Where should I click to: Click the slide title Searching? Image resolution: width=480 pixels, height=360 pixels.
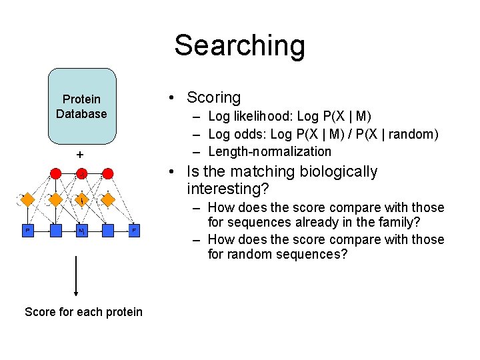(239, 46)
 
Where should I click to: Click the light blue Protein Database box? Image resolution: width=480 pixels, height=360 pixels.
(82, 107)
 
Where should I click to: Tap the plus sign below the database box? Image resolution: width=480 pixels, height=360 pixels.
(80, 155)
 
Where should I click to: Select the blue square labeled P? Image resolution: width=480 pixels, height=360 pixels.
(27, 231)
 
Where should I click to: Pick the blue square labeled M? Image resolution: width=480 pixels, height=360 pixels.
(81, 231)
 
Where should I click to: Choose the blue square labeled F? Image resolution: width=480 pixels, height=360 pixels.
(134, 231)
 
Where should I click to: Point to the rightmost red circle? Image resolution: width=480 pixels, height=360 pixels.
(107, 173)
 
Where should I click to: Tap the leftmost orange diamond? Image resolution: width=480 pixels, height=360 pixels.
(28, 199)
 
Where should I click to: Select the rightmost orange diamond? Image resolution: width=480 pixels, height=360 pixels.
(108, 199)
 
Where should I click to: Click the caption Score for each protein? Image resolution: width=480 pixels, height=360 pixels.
(83, 312)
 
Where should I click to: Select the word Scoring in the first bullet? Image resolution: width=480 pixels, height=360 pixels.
(213, 97)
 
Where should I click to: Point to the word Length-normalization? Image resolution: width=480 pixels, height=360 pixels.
(269, 151)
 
